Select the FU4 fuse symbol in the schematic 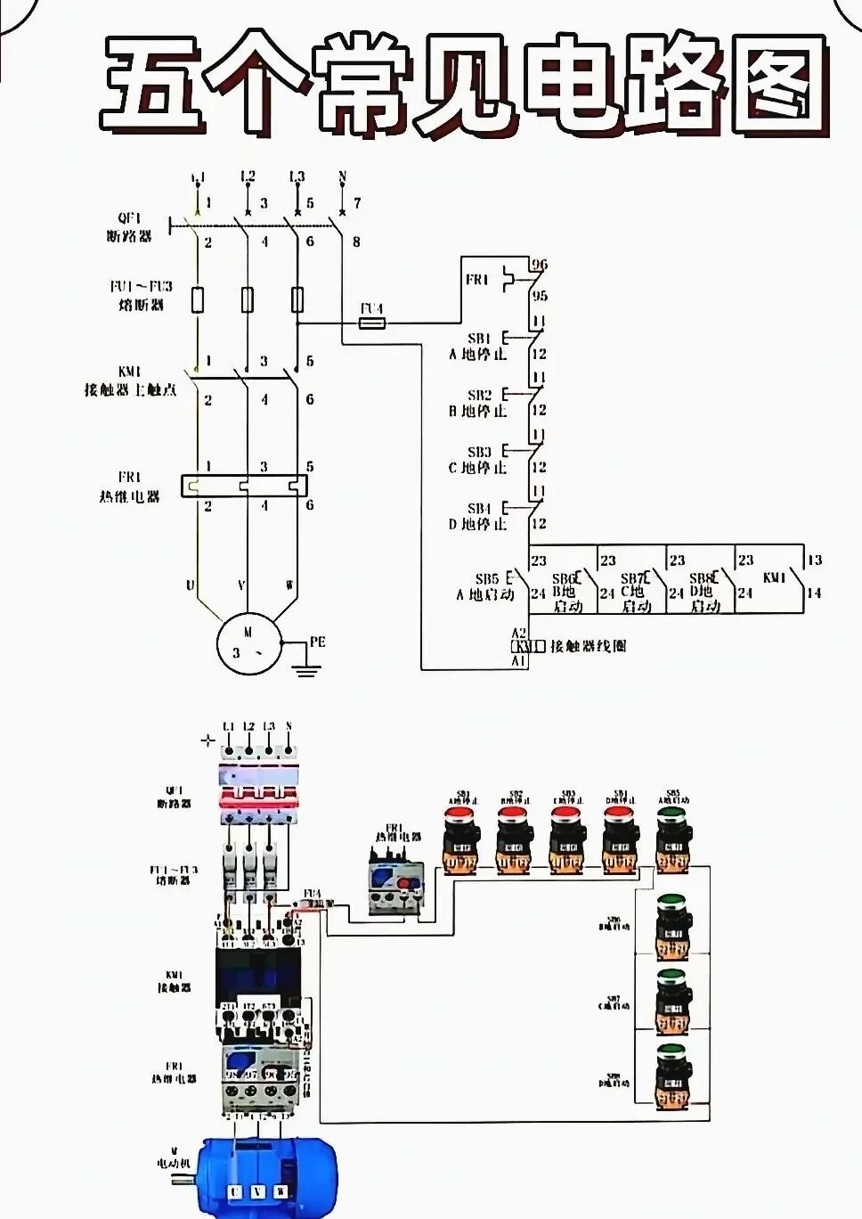click(372, 322)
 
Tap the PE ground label click(317, 642)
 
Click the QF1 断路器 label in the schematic click(129, 227)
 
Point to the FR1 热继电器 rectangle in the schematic click(245, 486)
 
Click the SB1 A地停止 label click(478, 347)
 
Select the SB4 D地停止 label click(478, 516)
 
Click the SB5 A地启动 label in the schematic click(485, 586)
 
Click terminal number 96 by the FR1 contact click(540, 265)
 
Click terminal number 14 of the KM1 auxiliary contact click(813, 593)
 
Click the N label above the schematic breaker click(342, 177)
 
